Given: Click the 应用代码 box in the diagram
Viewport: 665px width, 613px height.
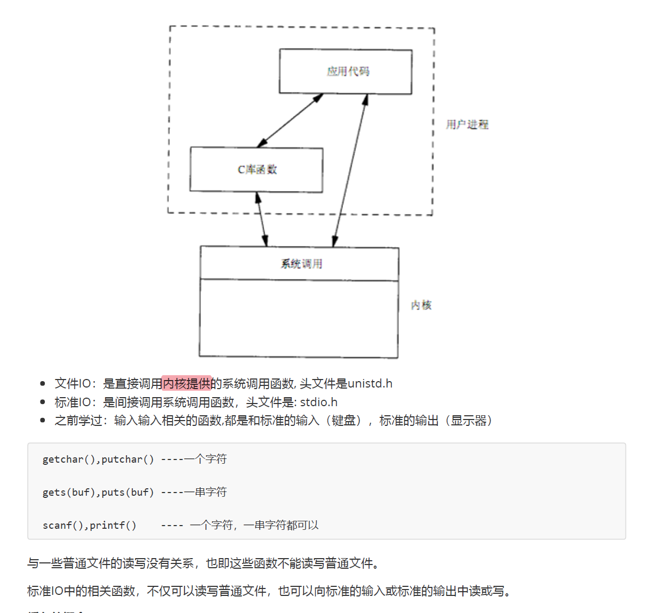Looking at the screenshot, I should tap(346, 71).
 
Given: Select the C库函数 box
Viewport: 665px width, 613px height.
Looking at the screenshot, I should tap(257, 170).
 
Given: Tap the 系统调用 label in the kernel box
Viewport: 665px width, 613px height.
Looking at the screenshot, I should tap(301, 263).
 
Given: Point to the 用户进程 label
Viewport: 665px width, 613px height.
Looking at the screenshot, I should tap(467, 124).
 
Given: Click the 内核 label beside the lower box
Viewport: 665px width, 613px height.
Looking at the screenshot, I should tap(421, 305).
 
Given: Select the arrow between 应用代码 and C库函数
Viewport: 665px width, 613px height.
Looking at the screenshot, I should tap(290, 120).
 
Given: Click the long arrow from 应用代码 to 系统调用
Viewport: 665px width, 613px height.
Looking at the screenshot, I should tap(350, 171).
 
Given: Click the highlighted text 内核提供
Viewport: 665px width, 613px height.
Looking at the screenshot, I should tap(187, 383).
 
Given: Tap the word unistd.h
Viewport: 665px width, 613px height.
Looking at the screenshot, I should tap(370, 383).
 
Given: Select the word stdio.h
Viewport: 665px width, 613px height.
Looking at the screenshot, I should tap(318, 402).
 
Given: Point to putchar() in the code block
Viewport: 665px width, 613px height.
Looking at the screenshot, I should tap(127, 459).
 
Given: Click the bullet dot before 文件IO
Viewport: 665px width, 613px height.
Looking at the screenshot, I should tap(43, 383).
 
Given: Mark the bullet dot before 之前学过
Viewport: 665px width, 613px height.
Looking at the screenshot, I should tap(43, 421).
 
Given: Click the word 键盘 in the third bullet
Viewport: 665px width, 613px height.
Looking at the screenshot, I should tap(343, 421).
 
